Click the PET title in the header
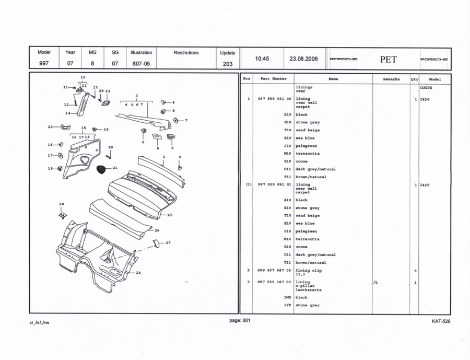point(389,60)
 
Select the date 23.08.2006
point(303,59)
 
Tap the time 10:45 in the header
point(262,59)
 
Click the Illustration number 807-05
point(141,64)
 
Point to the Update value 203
point(228,64)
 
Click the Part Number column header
point(273,78)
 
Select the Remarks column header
point(391,79)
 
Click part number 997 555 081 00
point(274,99)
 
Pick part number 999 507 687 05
point(274,270)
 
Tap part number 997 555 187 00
point(274,282)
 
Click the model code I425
point(425,185)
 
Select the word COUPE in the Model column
point(426,88)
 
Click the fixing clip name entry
point(309,270)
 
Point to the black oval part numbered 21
point(101,169)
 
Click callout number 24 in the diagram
point(138,273)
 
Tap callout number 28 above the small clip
point(62,204)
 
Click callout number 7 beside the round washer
point(186,120)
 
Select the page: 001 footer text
point(240,320)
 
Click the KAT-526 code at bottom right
point(441,321)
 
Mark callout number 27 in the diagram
point(168,243)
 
